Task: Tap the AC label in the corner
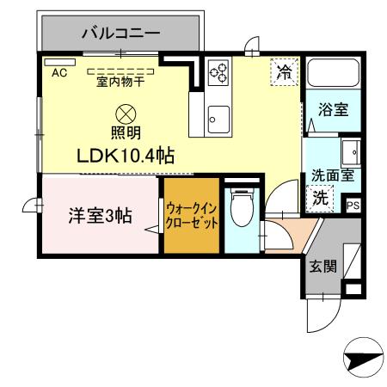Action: click(58, 73)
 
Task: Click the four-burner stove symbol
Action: click(218, 73)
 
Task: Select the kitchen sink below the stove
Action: click(218, 117)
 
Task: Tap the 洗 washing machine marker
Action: click(319, 197)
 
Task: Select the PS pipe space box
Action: click(353, 206)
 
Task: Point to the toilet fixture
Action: click(242, 207)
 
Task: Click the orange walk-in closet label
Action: click(190, 215)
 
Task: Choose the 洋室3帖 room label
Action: click(100, 216)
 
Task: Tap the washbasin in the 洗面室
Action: click(350, 156)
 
